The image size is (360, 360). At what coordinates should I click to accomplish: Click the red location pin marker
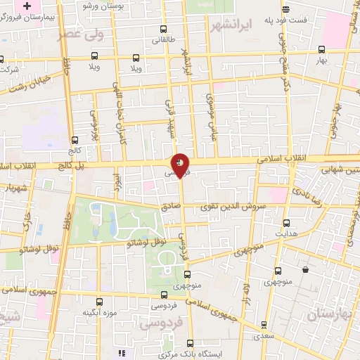(x=181, y=165)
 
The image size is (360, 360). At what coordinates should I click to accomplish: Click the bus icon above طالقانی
(x=164, y=30)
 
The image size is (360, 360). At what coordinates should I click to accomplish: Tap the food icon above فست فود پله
(x=285, y=9)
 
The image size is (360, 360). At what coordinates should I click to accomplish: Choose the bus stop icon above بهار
(x=322, y=50)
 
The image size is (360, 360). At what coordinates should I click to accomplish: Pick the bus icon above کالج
(x=75, y=140)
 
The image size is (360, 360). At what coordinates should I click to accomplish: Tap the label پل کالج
(x=70, y=164)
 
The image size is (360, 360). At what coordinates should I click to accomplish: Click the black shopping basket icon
(x=305, y=269)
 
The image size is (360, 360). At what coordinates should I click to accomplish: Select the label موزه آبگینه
(x=98, y=312)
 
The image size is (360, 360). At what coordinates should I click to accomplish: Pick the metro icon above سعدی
(x=264, y=325)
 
